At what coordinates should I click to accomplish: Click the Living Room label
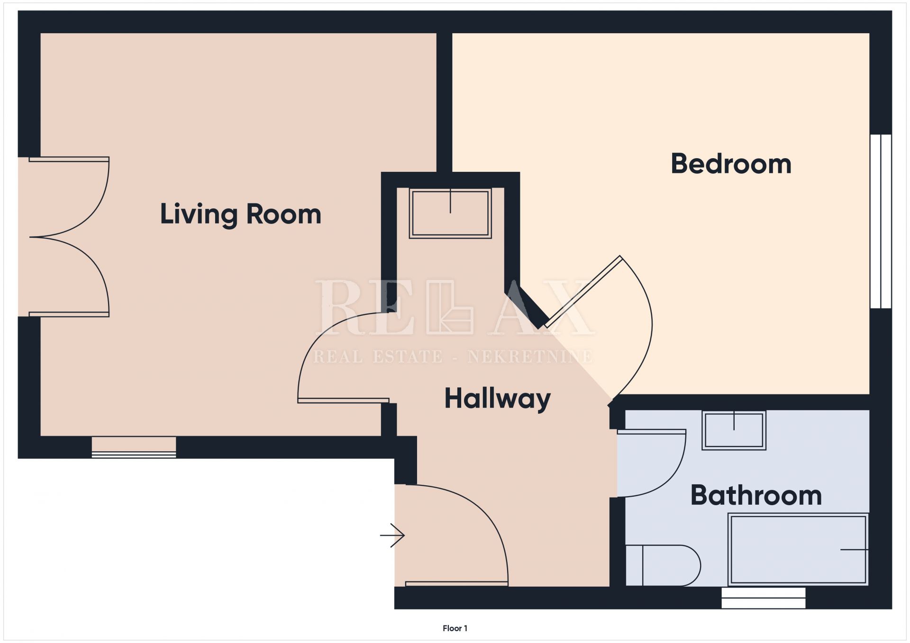241,214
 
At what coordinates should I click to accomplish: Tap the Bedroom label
731,164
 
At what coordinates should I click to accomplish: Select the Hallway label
497,399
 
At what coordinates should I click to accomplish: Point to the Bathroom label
756,495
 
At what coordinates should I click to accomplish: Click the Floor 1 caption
455,628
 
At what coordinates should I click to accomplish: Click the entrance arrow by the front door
392,536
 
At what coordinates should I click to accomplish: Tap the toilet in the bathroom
663,565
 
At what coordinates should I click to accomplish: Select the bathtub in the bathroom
798,549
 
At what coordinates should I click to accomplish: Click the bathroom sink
734,430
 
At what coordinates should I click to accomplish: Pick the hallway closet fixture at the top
450,213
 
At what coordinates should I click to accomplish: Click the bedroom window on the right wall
881,222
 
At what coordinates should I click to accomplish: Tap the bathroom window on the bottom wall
763,598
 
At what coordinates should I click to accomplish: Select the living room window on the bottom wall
134,447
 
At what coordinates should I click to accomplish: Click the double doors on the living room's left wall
69,237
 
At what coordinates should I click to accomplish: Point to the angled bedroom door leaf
583,292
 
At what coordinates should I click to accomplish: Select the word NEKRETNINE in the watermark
530,357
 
